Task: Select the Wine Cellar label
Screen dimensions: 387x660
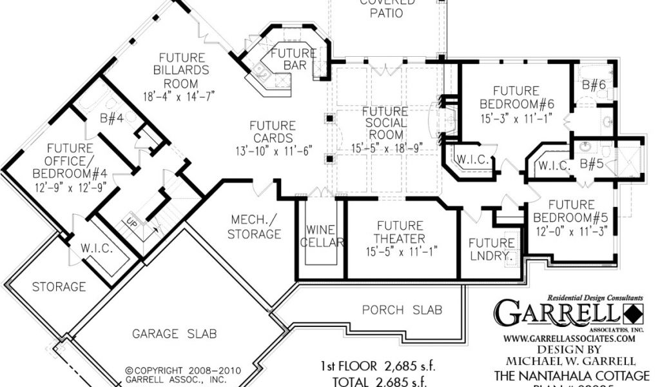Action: pyautogui.click(x=320, y=236)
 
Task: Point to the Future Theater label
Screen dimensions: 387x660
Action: pyautogui.click(x=400, y=233)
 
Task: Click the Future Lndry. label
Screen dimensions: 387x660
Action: pyautogui.click(x=492, y=249)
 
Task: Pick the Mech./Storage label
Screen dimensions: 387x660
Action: pyautogui.click(x=254, y=227)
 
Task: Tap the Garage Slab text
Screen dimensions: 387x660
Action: pyautogui.click(x=174, y=333)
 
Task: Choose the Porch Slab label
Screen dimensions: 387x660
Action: pyautogui.click(x=402, y=310)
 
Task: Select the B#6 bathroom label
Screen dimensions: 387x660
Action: pyautogui.click(x=594, y=84)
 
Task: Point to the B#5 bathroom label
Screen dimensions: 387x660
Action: pyautogui.click(x=592, y=164)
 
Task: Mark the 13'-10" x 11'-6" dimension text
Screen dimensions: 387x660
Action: pyautogui.click(x=273, y=151)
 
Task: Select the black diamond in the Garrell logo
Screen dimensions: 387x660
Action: pyautogui.click(x=634, y=314)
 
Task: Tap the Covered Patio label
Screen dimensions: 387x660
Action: pyautogui.click(x=387, y=8)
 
